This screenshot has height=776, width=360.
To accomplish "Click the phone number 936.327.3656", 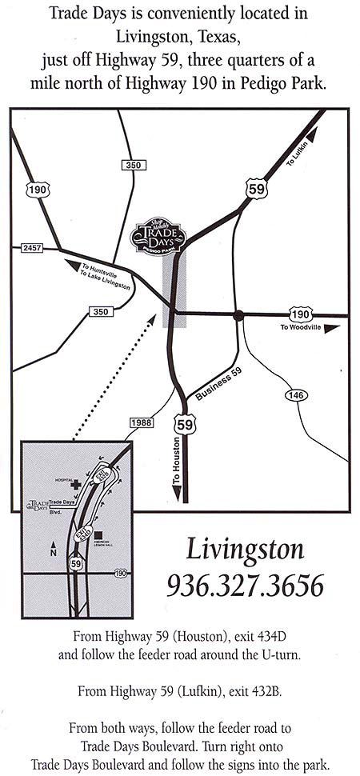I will pos(245,586).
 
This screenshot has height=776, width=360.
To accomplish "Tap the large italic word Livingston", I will pos(245,550).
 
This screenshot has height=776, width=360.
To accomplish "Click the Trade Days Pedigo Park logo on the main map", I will pos(158,234).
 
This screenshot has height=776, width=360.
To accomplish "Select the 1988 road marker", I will pos(139,422).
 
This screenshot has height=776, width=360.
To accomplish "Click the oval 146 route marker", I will pos(295,395).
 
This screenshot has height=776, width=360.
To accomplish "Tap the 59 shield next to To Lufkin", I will pos(255,190).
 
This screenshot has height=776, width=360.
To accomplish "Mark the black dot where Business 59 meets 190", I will pos(238,314).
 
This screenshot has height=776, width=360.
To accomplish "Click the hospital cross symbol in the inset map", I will pos(76,484).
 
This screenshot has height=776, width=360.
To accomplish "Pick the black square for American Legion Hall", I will pos(98,534).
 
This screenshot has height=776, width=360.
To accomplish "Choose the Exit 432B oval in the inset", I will pos(82,533).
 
